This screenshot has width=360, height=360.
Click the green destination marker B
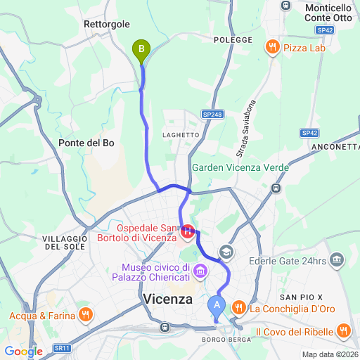[142, 49]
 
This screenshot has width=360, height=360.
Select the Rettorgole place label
[106, 24]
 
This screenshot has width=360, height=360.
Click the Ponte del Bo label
[86, 143]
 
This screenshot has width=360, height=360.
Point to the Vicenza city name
[167, 300]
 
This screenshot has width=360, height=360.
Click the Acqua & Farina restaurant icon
[85, 315]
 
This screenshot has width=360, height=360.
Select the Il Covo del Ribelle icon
[343, 330]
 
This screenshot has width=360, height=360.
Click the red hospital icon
[188, 232]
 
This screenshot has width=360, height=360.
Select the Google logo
[23, 351]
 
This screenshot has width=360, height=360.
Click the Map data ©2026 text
[330, 354]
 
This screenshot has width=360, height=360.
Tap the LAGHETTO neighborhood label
[181, 134]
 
